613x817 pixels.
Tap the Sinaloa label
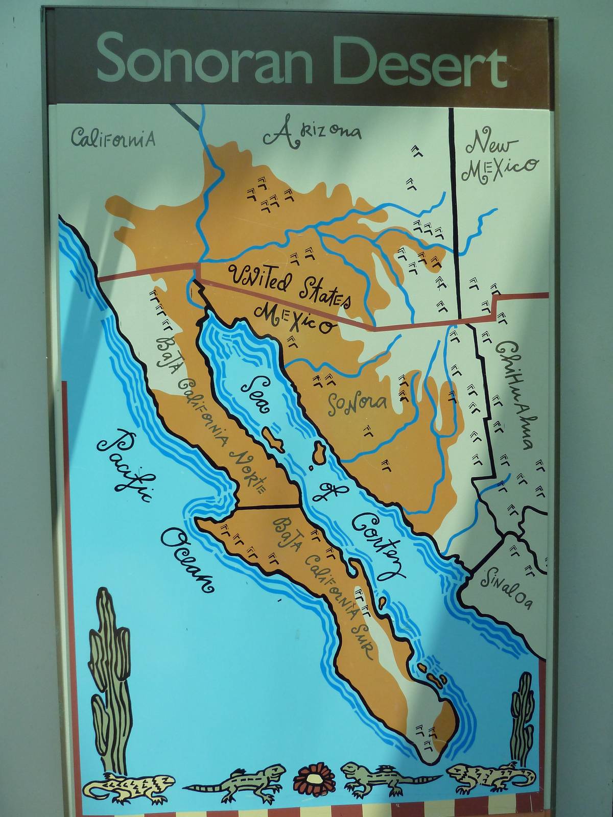click(508, 587)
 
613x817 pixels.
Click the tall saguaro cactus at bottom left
click(110, 679)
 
